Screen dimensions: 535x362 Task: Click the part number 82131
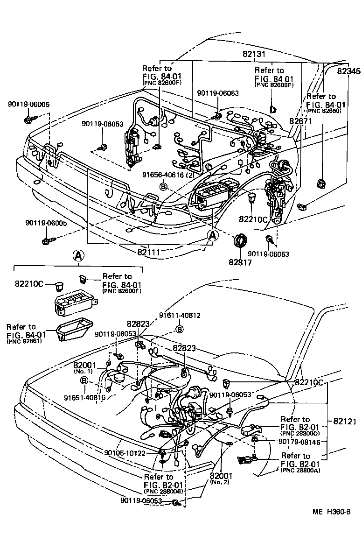[x=254, y=54]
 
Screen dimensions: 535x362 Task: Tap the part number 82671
[x=301, y=121]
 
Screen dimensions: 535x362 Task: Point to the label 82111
[x=149, y=252]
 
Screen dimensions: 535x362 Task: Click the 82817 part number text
[x=240, y=262]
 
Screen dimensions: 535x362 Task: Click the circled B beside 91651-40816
[x=84, y=381]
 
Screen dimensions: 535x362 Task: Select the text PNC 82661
[x=21, y=342]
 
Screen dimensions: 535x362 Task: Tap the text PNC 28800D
[x=300, y=435]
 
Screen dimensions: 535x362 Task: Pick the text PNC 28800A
[x=300, y=471]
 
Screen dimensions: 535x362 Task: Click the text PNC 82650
[x=324, y=112]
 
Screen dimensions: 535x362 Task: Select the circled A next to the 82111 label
[x=212, y=236]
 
